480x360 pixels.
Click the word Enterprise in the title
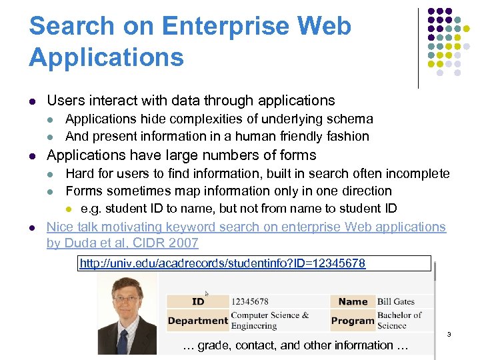point(230,27)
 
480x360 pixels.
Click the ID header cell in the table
point(198,301)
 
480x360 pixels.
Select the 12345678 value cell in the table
point(250,301)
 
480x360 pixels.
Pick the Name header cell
point(353,301)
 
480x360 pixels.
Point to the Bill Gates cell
point(396,301)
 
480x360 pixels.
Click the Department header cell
point(198,321)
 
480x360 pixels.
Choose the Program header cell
point(353,321)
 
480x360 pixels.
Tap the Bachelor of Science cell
point(399,320)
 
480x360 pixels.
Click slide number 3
point(449,334)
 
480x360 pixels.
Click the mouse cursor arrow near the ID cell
point(207,293)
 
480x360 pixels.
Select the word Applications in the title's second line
point(107,57)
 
